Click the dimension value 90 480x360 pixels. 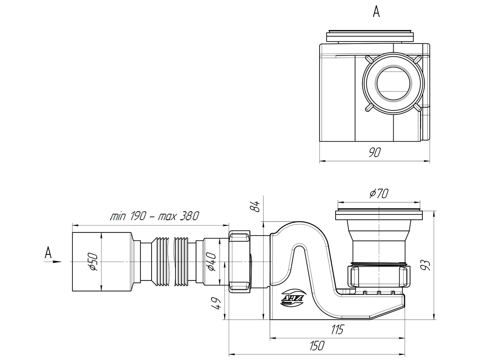375,152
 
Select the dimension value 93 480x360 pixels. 426,265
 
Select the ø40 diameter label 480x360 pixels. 212,262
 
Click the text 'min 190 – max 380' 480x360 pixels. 154,216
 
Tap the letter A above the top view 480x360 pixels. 376,12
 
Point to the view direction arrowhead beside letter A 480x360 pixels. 57,262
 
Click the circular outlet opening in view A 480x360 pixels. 393,84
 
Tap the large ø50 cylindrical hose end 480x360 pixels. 102,262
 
